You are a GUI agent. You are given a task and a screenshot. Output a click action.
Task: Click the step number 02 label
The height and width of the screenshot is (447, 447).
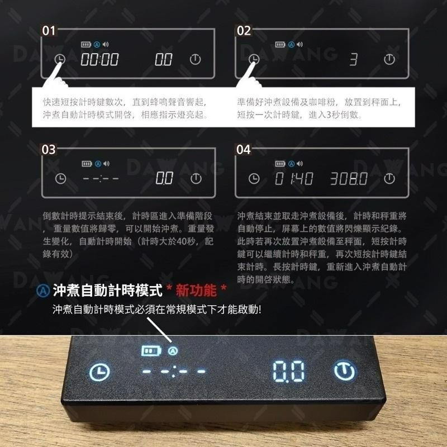click(244, 31)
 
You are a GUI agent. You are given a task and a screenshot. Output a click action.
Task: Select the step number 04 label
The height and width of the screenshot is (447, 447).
click(244, 150)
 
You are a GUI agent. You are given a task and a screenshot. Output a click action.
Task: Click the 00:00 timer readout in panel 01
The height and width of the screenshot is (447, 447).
click(100, 60)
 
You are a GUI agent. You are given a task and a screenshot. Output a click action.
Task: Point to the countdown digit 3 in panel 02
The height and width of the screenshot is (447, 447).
click(353, 60)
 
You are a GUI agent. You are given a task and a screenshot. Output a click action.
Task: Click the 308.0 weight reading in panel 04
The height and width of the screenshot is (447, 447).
click(348, 179)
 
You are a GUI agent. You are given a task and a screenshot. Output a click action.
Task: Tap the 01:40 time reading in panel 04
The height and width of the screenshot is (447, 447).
click(294, 179)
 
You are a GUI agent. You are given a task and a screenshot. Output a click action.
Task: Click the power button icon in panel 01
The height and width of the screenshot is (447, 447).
click(195, 59)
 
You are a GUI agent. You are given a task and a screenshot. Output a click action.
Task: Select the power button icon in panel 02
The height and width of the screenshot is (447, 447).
click(389, 59)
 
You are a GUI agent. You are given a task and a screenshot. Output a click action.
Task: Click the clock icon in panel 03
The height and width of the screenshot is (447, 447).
click(60, 179)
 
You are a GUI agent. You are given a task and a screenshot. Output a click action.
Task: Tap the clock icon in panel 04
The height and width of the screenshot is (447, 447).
click(254, 179)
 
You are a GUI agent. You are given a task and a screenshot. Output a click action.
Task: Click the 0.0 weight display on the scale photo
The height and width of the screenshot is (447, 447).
click(289, 370)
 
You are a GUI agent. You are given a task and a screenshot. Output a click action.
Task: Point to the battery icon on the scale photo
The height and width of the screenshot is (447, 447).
click(150, 351)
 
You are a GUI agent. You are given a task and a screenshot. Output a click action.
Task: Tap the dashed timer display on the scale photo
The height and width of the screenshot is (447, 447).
click(174, 372)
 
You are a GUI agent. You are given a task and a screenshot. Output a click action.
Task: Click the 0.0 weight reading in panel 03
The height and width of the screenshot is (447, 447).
click(164, 179)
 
